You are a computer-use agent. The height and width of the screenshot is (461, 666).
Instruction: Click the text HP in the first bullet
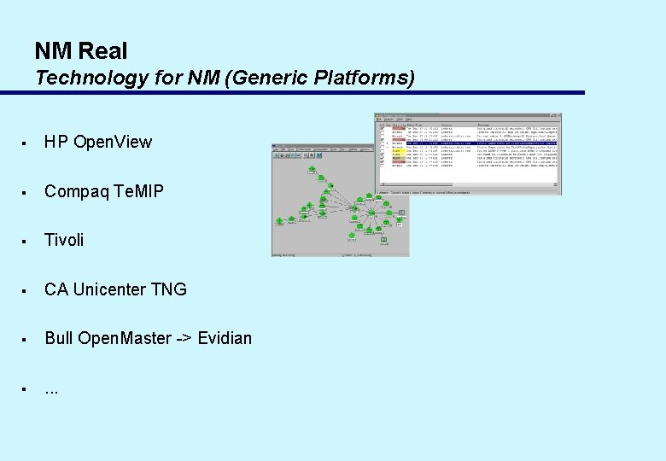coord(56,142)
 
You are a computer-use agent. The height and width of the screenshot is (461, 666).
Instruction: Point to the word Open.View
coord(113,142)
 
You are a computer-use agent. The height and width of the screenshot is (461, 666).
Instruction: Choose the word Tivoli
coord(64,240)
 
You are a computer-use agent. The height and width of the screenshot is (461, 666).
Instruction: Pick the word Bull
coord(59,338)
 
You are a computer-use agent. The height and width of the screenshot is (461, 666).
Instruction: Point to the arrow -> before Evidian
coord(184,338)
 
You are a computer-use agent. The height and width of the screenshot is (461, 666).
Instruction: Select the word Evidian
coord(225,338)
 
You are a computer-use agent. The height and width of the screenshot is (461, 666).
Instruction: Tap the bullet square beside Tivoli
coord(27,241)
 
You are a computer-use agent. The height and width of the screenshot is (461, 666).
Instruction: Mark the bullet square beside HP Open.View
coord(27,143)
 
